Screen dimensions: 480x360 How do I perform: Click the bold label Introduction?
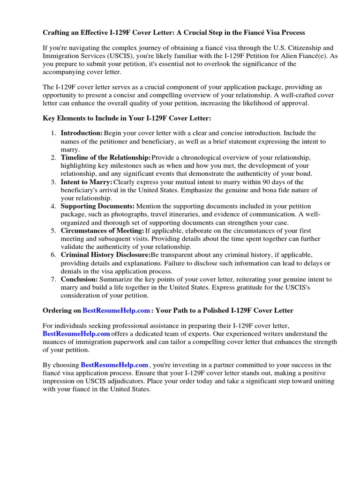(82, 133)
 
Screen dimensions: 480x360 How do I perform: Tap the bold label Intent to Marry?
(87, 182)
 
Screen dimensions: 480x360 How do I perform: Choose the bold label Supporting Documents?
(97, 206)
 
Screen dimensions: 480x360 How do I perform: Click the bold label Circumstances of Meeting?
(103, 231)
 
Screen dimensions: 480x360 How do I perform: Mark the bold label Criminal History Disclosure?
(105, 255)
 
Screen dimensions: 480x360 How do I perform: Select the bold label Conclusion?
(79, 279)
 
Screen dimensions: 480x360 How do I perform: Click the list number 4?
(54, 206)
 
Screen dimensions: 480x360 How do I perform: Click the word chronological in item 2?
(199, 157)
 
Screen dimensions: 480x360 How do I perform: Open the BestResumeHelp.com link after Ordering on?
(117, 310)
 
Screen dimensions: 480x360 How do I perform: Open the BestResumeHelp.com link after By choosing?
(114, 365)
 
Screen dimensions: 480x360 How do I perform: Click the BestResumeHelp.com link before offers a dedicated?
(76, 334)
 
